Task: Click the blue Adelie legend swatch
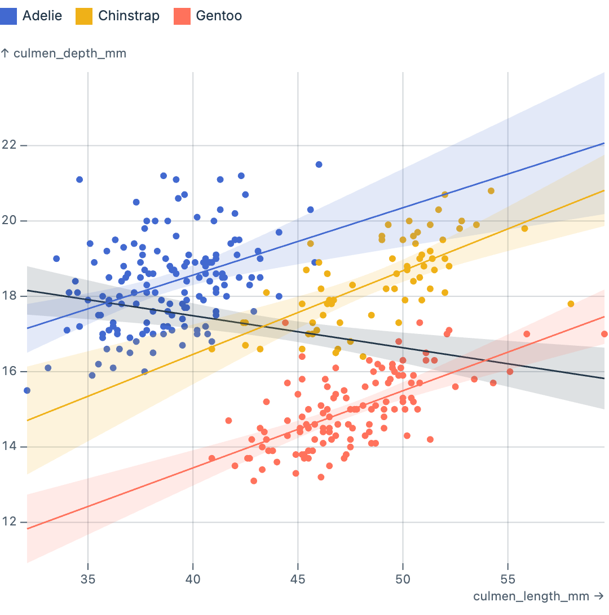(x=9, y=16)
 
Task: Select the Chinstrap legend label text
(x=129, y=16)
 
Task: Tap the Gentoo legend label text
(x=219, y=16)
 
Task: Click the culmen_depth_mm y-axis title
(x=64, y=54)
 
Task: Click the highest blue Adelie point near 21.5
(x=319, y=164)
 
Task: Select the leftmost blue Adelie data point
(x=27, y=390)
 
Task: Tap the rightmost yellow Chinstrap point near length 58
(x=571, y=304)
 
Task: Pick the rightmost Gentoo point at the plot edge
(x=604, y=334)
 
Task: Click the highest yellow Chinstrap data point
(x=491, y=191)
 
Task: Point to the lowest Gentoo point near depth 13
(x=254, y=481)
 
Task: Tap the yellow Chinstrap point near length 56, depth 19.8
(x=524, y=229)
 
